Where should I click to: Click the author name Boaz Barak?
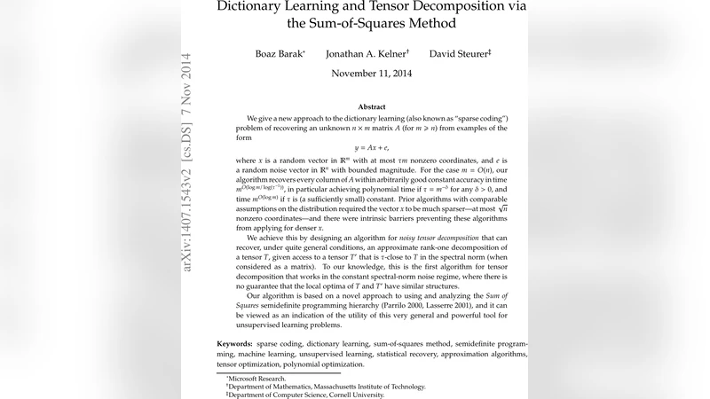tap(279, 54)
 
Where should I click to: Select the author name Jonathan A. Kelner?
tap(366, 54)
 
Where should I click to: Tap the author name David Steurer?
tap(459, 54)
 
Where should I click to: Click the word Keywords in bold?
tap(234, 343)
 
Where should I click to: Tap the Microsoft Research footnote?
tap(258, 379)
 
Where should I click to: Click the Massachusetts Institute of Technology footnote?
tap(328, 387)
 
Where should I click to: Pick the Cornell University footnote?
tap(317, 395)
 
